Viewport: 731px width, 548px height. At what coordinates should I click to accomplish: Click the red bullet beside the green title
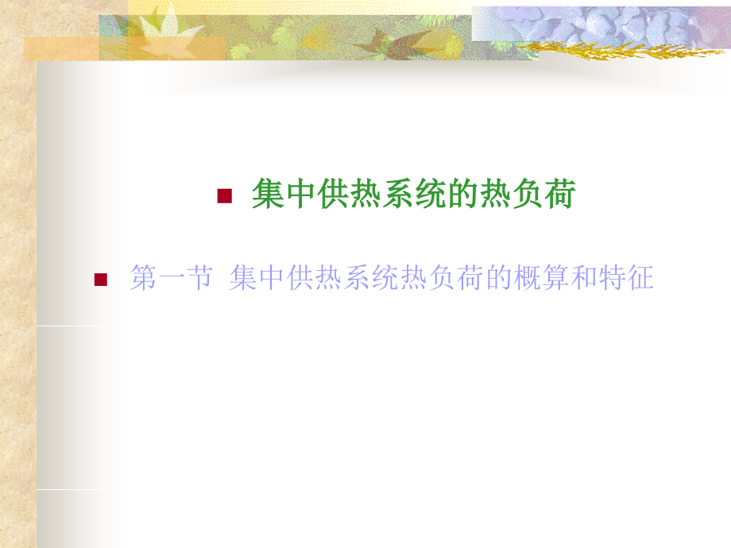pos(224,196)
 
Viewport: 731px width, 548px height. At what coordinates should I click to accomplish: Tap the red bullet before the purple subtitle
pos(100,279)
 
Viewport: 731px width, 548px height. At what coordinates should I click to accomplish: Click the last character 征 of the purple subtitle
pos(640,278)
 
